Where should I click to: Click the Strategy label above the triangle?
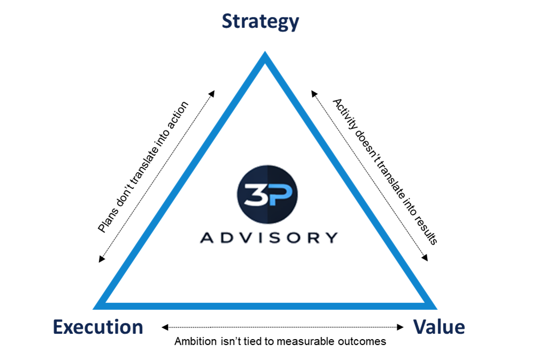260,22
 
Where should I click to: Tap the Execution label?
98,327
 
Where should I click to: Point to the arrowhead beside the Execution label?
164,327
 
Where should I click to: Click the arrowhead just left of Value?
401,327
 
